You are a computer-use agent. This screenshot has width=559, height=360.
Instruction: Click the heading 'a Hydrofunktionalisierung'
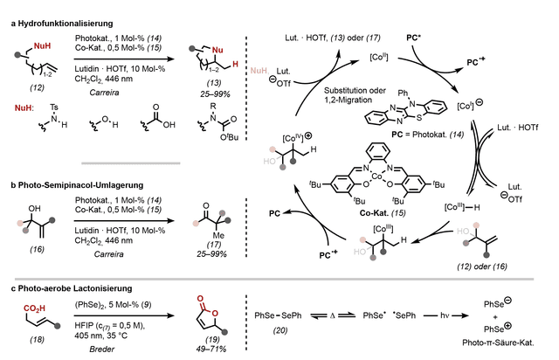62,24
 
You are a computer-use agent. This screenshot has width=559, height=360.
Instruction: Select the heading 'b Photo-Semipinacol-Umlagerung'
77,185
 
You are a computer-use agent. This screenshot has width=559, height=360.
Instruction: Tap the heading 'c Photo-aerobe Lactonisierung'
72,288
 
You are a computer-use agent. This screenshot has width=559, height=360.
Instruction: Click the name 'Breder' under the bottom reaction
101,350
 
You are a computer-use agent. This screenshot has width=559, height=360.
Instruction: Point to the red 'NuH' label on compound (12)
42,46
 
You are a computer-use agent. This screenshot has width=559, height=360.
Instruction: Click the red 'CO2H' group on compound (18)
34,308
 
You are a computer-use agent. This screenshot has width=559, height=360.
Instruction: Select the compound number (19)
213,340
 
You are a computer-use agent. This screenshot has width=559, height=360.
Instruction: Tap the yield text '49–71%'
211,349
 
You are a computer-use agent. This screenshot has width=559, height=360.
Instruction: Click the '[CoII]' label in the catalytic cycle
378,57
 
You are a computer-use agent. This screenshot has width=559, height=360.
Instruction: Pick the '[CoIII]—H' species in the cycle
462,207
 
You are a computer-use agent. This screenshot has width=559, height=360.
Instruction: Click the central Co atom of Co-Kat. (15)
376,177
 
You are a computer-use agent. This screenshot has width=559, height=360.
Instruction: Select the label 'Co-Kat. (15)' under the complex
383,213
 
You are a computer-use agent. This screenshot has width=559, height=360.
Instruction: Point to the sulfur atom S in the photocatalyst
419,118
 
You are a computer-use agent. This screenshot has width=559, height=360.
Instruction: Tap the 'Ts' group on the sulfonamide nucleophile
54,107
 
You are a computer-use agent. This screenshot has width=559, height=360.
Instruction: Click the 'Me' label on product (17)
218,235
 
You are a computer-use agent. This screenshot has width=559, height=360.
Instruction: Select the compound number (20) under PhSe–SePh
280,330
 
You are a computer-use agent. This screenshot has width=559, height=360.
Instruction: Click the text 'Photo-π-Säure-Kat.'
498,343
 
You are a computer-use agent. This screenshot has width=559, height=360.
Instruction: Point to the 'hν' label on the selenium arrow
445,315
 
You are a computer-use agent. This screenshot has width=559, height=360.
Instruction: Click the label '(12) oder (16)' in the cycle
482,267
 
